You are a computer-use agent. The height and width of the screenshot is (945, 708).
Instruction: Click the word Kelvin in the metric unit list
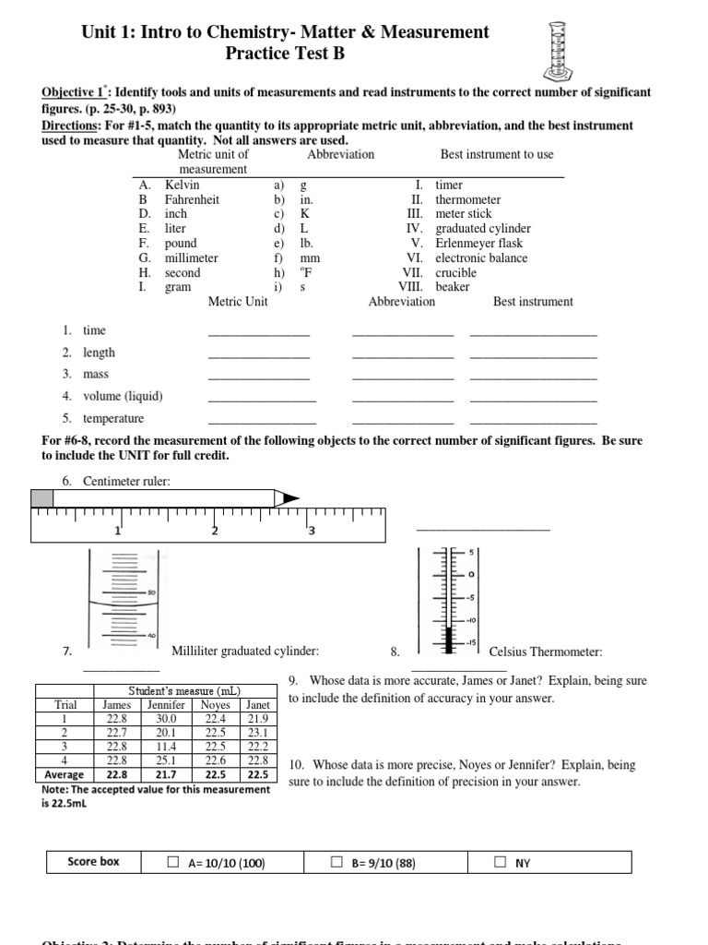coord(182,185)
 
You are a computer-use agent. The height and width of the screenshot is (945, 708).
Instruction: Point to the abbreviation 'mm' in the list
coord(310,258)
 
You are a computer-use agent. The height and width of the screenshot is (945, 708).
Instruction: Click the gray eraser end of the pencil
coord(42,498)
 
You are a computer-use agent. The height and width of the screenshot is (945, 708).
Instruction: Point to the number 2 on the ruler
coord(215,531)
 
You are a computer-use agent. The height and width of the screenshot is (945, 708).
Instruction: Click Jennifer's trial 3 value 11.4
coord(165,746)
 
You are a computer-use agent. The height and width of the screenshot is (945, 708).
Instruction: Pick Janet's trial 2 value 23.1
coord(258,732)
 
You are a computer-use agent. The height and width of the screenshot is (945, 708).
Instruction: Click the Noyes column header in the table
coord(216,704)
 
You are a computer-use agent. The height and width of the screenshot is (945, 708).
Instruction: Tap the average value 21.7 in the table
coord(165,774)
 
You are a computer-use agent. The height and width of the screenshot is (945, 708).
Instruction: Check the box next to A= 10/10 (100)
coord(173,863)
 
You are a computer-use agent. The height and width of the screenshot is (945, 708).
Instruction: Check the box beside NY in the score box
coord(501,863)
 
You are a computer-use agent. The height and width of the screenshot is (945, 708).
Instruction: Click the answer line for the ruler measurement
coord(482,529)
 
